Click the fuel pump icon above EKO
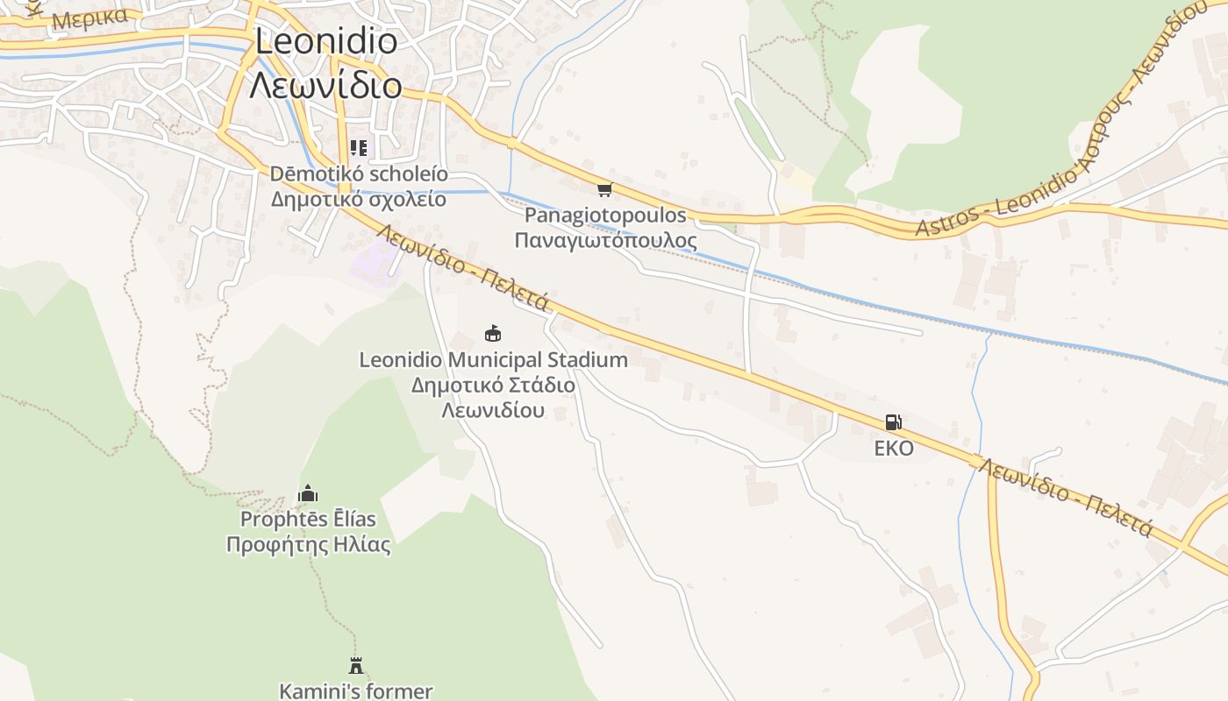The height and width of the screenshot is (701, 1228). click(893, 422)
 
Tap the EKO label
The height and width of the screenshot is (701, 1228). click(893, 449)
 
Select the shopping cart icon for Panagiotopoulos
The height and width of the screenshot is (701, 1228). click(603, 189)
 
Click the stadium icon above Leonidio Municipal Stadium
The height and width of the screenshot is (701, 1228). click(493, 333)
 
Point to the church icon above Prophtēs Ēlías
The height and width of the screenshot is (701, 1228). click(308, 494)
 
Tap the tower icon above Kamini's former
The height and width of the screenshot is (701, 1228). click(355, 665)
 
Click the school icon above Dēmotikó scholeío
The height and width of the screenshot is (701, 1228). click(358, 148)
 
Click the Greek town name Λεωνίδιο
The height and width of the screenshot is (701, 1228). click(325, 86)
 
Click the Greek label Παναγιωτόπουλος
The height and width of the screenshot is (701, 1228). click(605, 241)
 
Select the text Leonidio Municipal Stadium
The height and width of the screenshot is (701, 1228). click(493, 359)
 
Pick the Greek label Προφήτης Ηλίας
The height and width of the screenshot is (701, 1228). click(308, 544)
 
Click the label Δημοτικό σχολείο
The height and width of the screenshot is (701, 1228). click(358, 199)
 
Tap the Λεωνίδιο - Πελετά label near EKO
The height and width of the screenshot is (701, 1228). click(1066, 496)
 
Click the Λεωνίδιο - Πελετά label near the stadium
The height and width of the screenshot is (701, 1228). click(465, 266)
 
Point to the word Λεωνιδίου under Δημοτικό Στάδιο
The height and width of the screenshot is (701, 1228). click(493, 410)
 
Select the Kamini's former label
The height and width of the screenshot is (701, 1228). click(355, 690)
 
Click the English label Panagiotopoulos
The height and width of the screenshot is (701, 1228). click(605, 216)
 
